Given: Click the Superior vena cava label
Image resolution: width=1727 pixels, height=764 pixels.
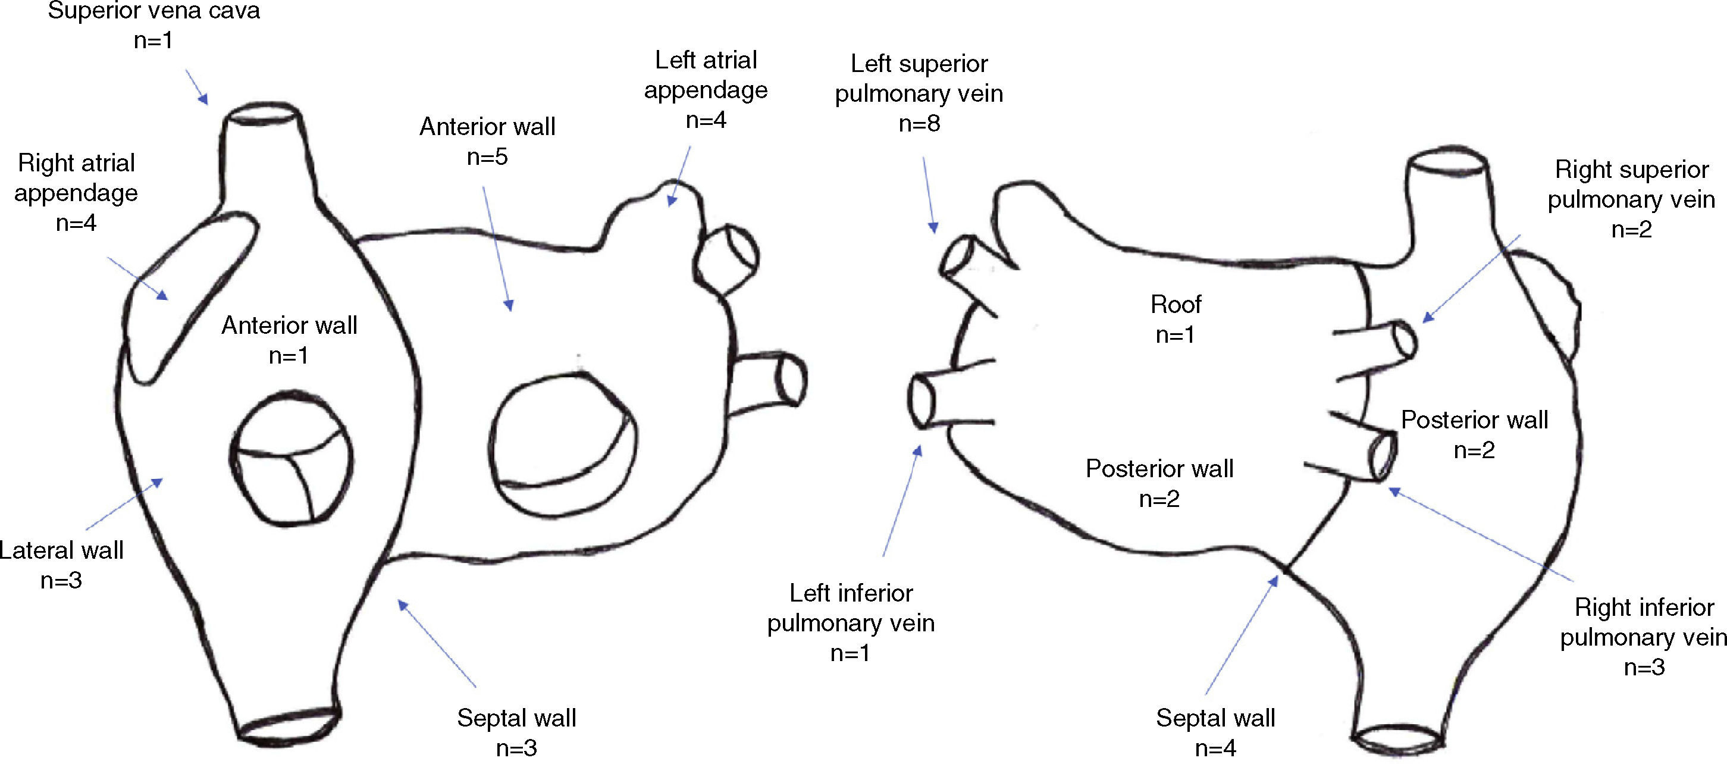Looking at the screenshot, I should coord(153,11).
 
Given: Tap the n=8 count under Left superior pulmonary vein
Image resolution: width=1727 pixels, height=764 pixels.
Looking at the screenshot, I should coord(919,123).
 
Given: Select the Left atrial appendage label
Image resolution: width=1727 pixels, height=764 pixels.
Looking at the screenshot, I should coord(706,74).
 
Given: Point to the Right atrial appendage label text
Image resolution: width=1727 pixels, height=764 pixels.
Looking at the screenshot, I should coord(76,178).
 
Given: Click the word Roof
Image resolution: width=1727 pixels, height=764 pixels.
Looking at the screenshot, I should coord(1176,305).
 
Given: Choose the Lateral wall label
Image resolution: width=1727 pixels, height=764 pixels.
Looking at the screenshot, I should coord(62,551).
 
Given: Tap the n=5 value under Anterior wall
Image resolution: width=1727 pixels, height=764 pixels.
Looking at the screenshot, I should coord(487,157).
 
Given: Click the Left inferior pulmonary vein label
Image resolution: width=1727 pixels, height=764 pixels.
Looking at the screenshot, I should coord(851,608).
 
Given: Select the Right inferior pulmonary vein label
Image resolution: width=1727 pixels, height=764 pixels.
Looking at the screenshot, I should coord(1644,622).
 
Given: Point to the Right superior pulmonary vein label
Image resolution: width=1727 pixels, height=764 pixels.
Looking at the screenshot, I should coord(1631,184).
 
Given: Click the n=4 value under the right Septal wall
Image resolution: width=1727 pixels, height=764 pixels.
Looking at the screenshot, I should coord(1215,748).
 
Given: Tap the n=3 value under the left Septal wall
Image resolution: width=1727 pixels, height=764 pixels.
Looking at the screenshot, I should coord(516,748).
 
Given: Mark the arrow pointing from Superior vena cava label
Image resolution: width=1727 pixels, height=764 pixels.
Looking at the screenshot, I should coord(196,86).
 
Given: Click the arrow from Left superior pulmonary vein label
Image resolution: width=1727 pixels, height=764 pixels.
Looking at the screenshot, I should coord(929,195).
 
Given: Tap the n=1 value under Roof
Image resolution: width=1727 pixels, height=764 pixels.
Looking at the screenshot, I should coord(1176,335).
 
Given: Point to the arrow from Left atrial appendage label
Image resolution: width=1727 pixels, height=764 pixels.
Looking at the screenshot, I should coord(680,176).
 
